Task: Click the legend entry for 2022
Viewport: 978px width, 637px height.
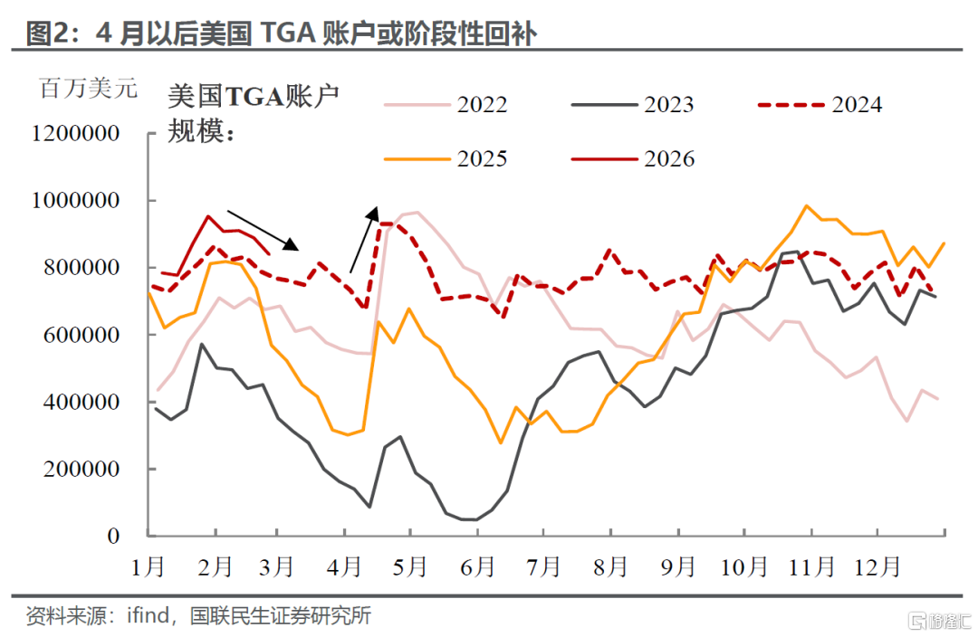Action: pyautogui.click(x=446, y=105)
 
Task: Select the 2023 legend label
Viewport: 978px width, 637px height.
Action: pyautogui.click(x=632, y=105)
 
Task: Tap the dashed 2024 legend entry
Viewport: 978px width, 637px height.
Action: pyautogui.click(x=820, y=105)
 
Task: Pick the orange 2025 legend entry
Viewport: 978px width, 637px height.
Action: pyautogui.click(x=446, y=159)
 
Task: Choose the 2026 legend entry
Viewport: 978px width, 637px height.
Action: pyautogui.click(x=632, y=159)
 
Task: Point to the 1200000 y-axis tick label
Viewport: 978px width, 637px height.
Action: pyautogui.click(x=75, y=133)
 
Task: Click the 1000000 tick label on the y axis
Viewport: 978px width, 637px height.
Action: pyautogui.click(x=75, y=200)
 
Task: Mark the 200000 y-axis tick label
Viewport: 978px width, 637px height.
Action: pyautogui.click(x=81, y=469)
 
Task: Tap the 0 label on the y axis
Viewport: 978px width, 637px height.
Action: pyautogui.click(x=113, y=536)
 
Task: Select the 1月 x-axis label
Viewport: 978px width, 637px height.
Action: pyautogui.click(x=149, y=567)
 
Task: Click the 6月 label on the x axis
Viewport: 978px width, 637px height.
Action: pyautogui.click(x=477, y=567)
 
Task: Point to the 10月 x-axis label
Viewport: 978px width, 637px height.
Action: pyautogui.click(x=744, y=567)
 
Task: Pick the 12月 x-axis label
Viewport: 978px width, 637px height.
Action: pyautogui.click(x=877, y=567)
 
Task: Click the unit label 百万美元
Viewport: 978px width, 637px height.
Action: pyautogui.click(x=88, y=88)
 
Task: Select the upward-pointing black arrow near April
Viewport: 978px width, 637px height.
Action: pyautogui.click(x=364, y=240)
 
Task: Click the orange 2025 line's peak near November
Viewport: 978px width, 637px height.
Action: pyautogui.click(x=807, y=205)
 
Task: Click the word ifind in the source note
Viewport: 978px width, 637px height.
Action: pyautogui.click(x=148, y=616)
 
